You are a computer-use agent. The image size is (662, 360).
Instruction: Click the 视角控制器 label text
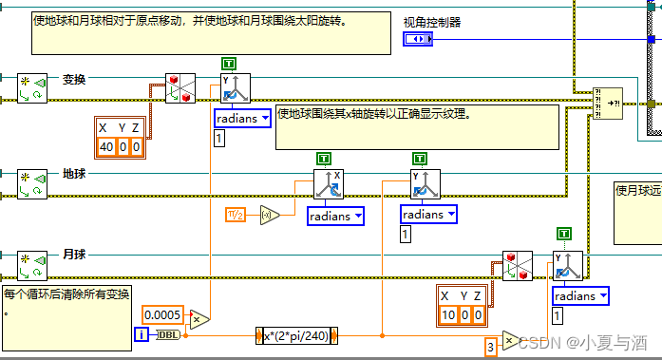click(x=432, y=21)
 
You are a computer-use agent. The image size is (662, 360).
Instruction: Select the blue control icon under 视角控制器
click(x=418, y=39)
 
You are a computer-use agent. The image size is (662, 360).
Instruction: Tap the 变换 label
click(x=74, y=80)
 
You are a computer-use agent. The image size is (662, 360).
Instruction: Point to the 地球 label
click(x=74, y=174)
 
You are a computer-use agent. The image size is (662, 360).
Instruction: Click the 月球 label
click(x=74, y=255)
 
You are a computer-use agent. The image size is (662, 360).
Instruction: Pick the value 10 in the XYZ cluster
click(x=450, y=315)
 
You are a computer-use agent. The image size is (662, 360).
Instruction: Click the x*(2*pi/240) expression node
click(x=298, y=336)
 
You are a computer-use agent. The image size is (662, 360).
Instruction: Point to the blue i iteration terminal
click(x=142, y=335)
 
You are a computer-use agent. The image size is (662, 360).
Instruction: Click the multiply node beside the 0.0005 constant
click(x=200, y=318)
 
